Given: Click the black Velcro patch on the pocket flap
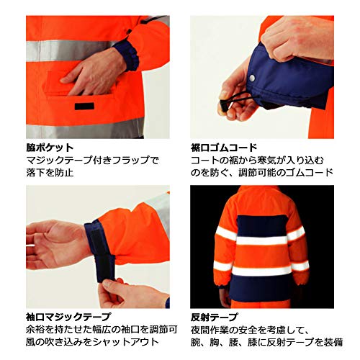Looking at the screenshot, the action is click(84, 107).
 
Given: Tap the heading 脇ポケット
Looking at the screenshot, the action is click(50, 148).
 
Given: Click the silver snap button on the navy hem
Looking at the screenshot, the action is click(252, 78).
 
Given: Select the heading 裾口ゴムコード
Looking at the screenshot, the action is click(224, 148).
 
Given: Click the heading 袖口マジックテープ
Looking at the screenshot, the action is click(68, 317).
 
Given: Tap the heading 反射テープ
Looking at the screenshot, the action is click(215, 317).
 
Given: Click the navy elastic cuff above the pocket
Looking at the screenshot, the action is click(127, 55).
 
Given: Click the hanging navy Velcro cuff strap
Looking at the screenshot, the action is click(105, 266).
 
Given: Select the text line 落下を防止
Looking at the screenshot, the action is click(50, 173).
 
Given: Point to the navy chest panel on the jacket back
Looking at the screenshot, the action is click(261, 225).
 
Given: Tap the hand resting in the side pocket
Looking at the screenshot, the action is click(92, 73).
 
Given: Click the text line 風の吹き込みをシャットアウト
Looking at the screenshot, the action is click(92, 342).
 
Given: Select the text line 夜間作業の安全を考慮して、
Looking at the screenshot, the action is click(249, 330).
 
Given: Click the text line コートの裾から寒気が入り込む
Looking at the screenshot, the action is click(257, 160).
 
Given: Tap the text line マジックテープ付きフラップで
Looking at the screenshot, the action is click(92, 160).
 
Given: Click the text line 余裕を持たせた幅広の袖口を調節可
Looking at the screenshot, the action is click(102, 330).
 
